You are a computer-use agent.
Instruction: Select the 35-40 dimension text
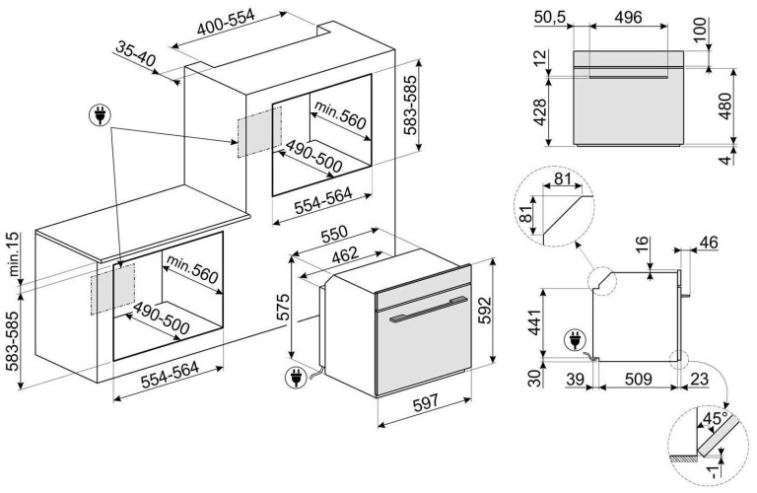[x=135, y=54]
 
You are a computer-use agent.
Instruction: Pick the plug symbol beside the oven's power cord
[x=292, y=376]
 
